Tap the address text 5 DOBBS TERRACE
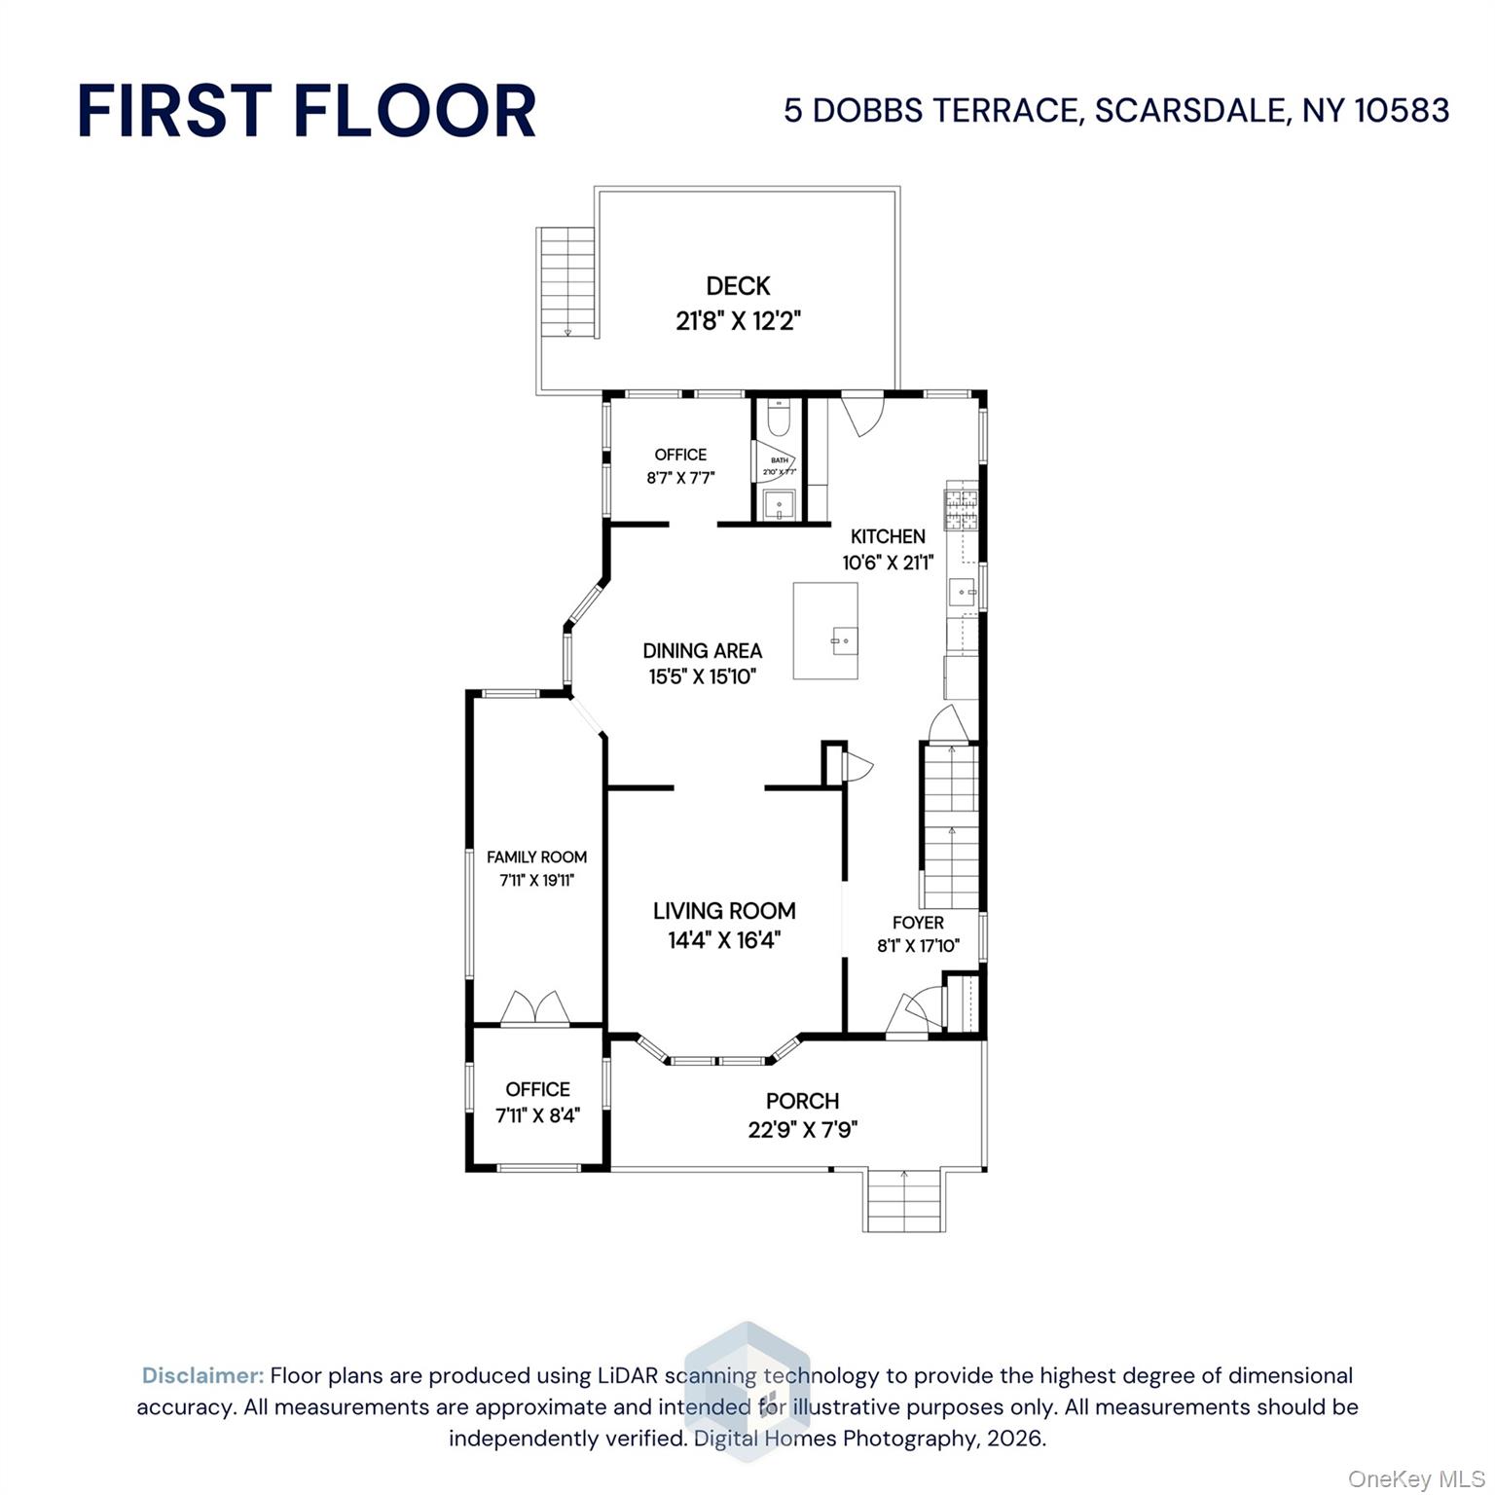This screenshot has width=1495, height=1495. (x=933, y=110)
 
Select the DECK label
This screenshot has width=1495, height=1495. (x=738, y=286)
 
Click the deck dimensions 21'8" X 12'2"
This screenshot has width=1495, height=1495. (x=738, y=320)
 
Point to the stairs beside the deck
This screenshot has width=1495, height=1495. (x=565, y=281)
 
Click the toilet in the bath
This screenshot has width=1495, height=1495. (x=779, y=419)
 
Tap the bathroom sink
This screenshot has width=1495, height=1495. (x=780, y=505)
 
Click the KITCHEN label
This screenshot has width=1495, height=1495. (x=888, y=536)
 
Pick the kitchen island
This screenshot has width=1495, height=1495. (x=825, y=631)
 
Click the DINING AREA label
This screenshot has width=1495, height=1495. (x=702, y=651)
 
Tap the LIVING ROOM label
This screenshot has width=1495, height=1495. (x=724, y=911)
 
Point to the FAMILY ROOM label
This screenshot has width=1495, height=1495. (x=536, y=857)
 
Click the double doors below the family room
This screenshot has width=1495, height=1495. (x=534, y=1008)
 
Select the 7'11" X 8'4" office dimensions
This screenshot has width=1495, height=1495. (x=537, y=1116)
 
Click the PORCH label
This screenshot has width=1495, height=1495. (x=802, y=1101)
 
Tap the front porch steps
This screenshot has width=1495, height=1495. (x=903, y=1201)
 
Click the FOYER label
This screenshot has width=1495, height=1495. (x=918, y=923)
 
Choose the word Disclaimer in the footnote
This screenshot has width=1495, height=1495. (x=202, y=1375)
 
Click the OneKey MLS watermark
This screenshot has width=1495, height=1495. (x=1415, y=1479)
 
